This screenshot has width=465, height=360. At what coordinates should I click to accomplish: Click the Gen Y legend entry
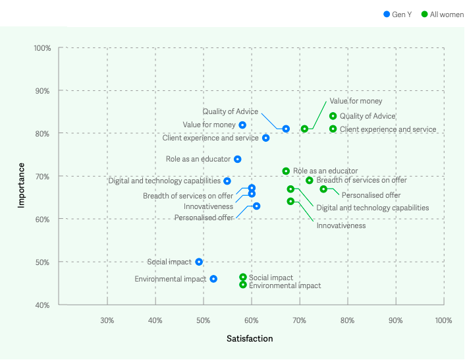pyautogui.click(x=397, y=14)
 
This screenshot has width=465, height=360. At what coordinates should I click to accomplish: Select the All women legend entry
pyautogui.click(x=442, y=14)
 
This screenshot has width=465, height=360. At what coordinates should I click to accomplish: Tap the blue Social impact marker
pyautogui.click(x=199, y=262)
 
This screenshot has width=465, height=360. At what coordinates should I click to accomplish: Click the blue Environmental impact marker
pyautogui.click(x=213, y=279)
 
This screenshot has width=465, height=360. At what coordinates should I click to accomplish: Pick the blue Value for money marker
pyautogui.click(x=242, y=125)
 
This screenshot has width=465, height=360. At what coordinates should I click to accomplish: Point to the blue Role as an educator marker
pyautogui.click(x=238, y=159)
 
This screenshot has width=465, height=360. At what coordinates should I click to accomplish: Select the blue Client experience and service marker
pyautogui.click(x=266, y=138)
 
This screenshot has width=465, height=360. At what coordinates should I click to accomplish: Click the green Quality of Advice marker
pyautogui.click(x=333, y=116)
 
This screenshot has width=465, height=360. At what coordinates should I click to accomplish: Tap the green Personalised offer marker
pyautogui.click(x=323, y=189)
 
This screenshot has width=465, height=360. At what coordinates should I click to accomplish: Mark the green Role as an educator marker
pyautogui.click(x=286, y=171)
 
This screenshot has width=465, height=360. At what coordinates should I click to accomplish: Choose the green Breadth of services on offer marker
pyautogui.click(x=310, y=181)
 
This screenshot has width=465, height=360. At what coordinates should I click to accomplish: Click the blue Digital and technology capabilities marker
pyautogui.click(x=227, y=181)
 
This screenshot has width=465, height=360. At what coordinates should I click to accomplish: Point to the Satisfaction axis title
pyautogui.click(x=250, y=338)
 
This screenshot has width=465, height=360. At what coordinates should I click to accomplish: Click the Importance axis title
pyautogui.click(x=21, y=185)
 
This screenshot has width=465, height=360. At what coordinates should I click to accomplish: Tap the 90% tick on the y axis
pyautogui.click(x=42, y=91)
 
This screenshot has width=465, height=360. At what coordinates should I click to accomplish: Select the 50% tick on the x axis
pyautogui.click(x=204, y=320)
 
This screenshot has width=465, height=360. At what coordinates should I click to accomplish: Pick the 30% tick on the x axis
pyautogui.click(x=107, y=320)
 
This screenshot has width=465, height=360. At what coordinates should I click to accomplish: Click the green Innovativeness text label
pyautogui.click(x=341, y=225)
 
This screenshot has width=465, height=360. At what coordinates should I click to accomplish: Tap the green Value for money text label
pyautogui.click(x=356, y=102)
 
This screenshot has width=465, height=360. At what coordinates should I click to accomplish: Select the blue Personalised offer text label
pyautogui.click(x=204, y=218)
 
